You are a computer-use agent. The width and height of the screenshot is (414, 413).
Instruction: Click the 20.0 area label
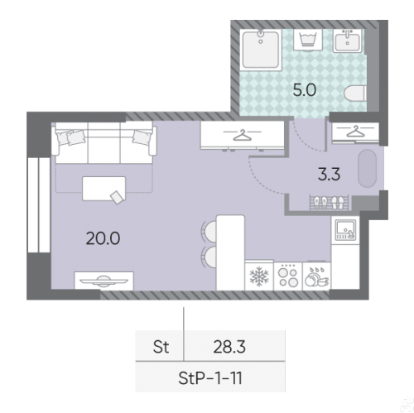[x=103, y=238]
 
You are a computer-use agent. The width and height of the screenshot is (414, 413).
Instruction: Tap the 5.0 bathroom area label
[x=305, y=90]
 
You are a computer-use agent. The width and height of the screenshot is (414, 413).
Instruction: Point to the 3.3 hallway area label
[x=329, y=175]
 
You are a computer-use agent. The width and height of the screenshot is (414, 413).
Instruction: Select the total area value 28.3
[x=229, y=347]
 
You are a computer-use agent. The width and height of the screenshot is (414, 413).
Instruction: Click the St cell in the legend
[x=161, y=347]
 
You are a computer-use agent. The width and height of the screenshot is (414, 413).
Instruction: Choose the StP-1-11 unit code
[x=210, y=378]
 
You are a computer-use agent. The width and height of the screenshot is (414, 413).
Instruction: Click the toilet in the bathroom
[x=355, y=94]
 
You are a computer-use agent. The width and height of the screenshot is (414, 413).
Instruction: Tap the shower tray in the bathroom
[x=261, y=50]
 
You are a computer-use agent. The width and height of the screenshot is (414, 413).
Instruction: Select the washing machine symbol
[x=308, y=41]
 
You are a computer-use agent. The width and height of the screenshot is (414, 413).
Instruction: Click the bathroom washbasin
[x=347, y=41]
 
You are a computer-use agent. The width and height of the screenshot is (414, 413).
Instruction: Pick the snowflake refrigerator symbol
[x=259, y=276]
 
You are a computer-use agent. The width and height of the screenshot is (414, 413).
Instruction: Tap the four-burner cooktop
[x=288, y=276]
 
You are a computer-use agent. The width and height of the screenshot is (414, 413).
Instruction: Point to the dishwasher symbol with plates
[x=316, y=277]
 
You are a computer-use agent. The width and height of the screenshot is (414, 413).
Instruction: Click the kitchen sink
[x=345, y=230]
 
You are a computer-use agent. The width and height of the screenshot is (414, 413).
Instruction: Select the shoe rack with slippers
[x=329, y=203]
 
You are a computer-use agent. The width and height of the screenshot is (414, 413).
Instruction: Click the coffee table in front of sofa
[x=103, y=189]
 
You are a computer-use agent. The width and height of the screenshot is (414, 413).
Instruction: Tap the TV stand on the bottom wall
[x=103, y=281]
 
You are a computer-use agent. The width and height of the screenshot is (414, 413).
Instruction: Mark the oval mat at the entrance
[x=367, y=168]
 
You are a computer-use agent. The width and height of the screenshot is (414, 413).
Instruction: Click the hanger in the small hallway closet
[x=355, y=132]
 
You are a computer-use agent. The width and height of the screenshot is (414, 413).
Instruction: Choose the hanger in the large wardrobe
[x=243, y=135]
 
